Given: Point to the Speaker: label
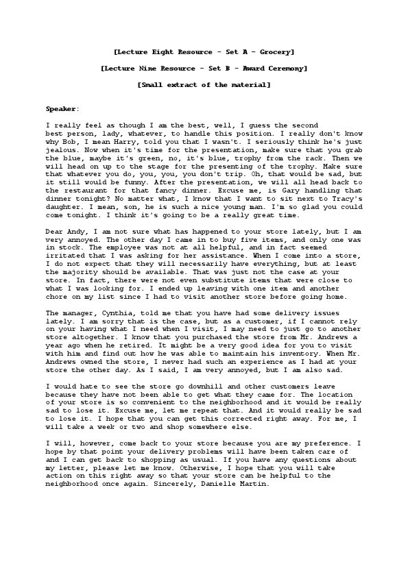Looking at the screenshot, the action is [x=62, y=109].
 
